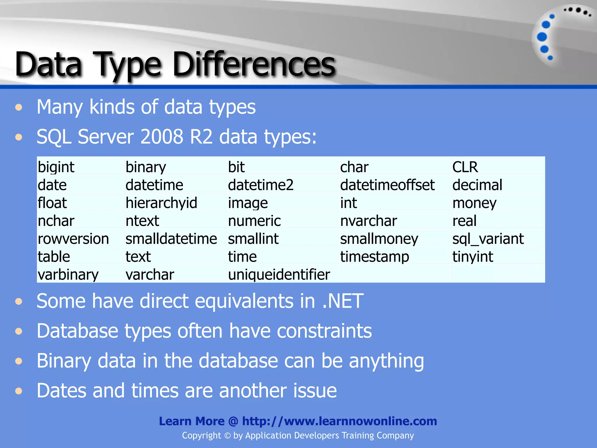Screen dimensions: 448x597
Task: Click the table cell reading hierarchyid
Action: pyautogui.click(x=161, y=203)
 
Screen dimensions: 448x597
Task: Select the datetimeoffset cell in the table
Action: pyautogui.click(x=387, y=185)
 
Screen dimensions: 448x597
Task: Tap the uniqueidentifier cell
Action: pyautogui.click(x=279, y=274)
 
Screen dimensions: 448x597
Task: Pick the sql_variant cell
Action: pyautogui.click(x=488, y=239)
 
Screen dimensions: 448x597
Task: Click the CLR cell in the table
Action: pyautogui.click(x=465, y=167)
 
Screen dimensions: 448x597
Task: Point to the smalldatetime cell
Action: pyautogui.click(x=171, y=239)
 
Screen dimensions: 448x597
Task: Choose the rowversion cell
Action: pyautogui.click(x=73, y=239)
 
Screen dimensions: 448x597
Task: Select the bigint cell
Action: pyautogui.click(x=56, y=167)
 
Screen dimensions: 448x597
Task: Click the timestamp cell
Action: pyautogui.click(x=375, y=257)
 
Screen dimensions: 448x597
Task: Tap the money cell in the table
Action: pyautogui.click(x=474, y=203)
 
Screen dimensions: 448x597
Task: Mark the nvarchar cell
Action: pyautogui.click(x=368, y=221)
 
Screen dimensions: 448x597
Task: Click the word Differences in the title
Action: pyautogui.click(x=254, y=64)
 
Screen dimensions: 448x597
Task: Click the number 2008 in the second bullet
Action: pyautogui.click(x=162, y=136)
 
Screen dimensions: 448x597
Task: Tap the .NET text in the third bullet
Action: pyautogui.click(x=343, y=301)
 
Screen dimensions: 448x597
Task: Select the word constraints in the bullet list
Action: pyautogui.click(x=324, y=331)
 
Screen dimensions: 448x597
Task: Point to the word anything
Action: pyautogui.click(x=386, y=361)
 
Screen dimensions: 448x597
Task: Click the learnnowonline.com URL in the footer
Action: pyautogui.click(x=339, y=421)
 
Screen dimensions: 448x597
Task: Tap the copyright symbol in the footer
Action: pyautogui.click(x=227, y=436)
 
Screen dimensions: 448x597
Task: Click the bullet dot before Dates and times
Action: pyautogui.click(x=19, y=391)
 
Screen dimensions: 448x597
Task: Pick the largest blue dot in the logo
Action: pyautogui.click(x=542, y=37)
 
